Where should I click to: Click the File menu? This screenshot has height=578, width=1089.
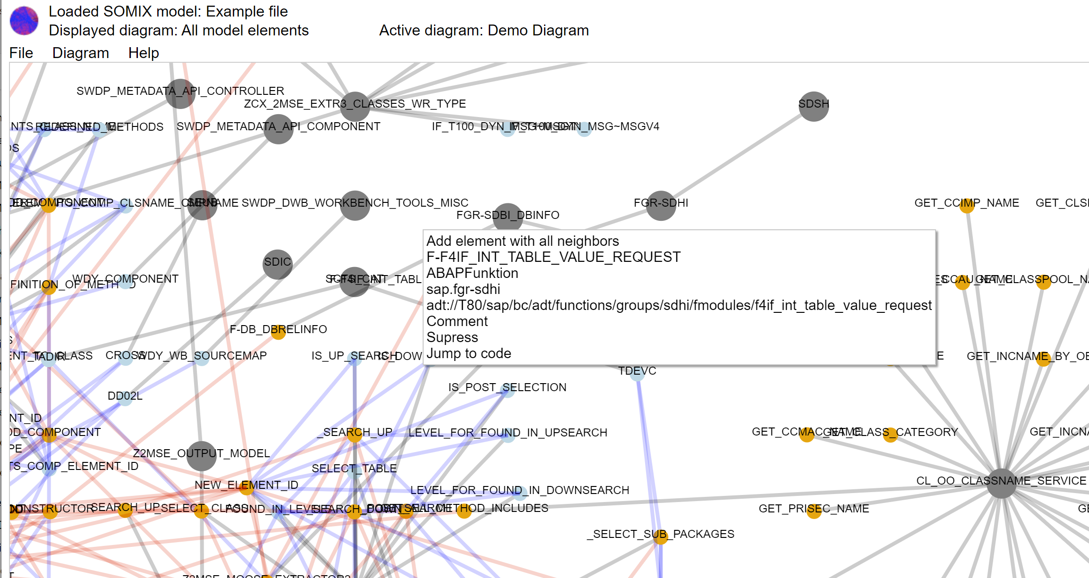[x=21, y=53]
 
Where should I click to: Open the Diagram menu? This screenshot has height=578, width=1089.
[x=80, y=53]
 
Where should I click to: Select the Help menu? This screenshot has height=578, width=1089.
[x=144, y=53]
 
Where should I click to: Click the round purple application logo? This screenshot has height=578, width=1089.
[x=24, y=21]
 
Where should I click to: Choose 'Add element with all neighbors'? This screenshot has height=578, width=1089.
[x=522, y=241]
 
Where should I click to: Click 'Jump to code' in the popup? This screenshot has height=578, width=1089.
[x=468, y=353]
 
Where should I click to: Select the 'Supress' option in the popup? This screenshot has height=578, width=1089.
[x=452, y=337]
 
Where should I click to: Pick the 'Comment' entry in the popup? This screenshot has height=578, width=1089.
[x=457, y=321]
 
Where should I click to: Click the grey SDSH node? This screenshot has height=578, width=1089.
[x=814, y=106]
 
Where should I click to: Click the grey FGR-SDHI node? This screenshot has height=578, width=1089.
[x=661, y=205]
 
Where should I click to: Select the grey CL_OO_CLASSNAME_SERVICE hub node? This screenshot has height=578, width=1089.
[x=1002, y=483]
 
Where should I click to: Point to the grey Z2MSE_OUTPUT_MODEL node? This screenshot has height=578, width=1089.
[x=202, y=456]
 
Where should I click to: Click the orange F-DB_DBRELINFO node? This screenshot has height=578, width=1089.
[x=278, y=332]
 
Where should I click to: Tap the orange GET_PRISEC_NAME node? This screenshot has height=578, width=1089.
[x=814, y=511]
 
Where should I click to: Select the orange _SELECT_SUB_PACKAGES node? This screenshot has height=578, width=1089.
[x=660, y=536]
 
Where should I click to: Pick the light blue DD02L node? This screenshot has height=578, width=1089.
[x=125, y=398]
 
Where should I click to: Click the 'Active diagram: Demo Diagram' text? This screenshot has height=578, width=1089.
[x=484, y=30]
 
